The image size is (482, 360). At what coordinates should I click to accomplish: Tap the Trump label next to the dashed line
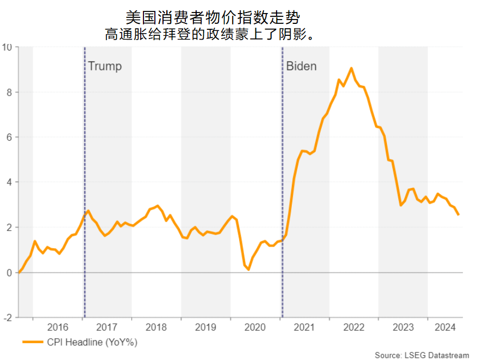pyautogui.click(x=105, y=66)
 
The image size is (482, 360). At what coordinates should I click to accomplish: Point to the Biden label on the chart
pyautogui.click(x=302, y=66)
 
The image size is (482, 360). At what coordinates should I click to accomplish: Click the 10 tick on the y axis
pyautogui.click(x=8, y=47)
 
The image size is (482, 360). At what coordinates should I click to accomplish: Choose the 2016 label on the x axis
pyautogui.click(x=58, y=327)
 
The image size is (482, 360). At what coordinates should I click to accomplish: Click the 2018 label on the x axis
pyautogui.click(x=157, y=327)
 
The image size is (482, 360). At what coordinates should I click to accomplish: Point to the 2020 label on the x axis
pyautogui.click(x=255, y=327)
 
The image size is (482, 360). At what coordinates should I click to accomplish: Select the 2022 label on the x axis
pyautogui.click(x=354, y=327)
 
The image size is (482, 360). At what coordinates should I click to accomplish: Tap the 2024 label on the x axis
pyautogui.click(x=445, y=327)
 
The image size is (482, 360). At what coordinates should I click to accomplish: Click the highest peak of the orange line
pyautogui.click(x=352, y=68)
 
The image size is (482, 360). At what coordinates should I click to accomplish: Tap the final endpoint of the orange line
pyautogui.click(x=458, y=214)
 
